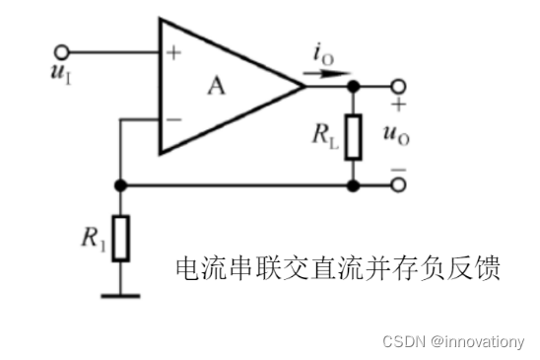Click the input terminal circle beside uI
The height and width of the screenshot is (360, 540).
click(x=65, y=51)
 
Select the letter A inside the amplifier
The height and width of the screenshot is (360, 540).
click(x=216, y=86)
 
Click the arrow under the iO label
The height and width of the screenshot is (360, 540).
click(x=324, y=78)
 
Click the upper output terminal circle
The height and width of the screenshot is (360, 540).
click(x=398, y=86)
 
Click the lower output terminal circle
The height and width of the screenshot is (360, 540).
click(x=398, y=184)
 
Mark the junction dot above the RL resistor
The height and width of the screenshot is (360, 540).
click(x=352, y=86)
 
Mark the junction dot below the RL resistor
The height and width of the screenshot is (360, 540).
click(x=352, y=184)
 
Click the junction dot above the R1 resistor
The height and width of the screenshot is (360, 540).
click(x=120, y=184)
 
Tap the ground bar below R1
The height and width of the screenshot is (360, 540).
click(x=120, y=292)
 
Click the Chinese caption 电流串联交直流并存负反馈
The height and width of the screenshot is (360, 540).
click(x=337, y=267)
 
